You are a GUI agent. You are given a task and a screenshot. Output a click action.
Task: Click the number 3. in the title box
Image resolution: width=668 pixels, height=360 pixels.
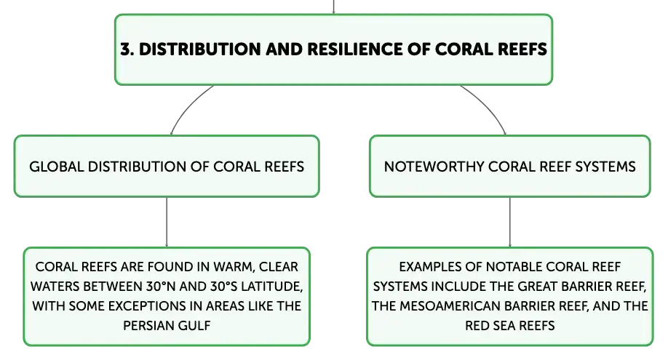[127, 49]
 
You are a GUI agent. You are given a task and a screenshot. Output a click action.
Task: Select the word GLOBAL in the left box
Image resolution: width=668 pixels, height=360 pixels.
[56, 167]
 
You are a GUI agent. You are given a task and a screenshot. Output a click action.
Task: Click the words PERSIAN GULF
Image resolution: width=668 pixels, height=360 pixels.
[167, 326]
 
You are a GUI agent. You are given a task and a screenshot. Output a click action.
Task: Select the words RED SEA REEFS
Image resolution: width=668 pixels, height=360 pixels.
[510, 326]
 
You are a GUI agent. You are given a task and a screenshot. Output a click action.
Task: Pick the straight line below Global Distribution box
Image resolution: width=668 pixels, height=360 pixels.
[167, 222]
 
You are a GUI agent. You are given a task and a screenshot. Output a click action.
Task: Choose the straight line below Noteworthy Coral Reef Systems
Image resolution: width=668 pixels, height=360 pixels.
[510, 222]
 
